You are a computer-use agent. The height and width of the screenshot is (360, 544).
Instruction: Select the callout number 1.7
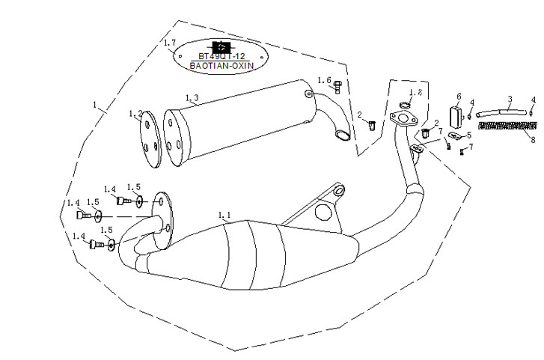coord(170,43)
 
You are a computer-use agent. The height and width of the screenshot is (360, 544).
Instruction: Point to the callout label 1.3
coord(191,98)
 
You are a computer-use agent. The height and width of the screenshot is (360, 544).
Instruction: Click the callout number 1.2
coord(135,114)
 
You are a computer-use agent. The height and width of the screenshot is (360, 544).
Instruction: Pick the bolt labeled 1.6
coord(337,86)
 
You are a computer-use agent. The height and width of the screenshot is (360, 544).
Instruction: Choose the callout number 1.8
coord(416,92)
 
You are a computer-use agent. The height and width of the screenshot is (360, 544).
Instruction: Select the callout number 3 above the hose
coord(510,99)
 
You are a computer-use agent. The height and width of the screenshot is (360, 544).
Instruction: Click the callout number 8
coord(533,140)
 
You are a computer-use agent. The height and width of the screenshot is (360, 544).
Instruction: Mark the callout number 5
coord(468,135)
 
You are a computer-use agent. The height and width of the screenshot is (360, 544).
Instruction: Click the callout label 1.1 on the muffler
coord(224,216)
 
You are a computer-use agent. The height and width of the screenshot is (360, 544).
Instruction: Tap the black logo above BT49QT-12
coord(219,46)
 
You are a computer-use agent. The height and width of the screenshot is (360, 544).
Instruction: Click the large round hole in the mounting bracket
coord(324,213)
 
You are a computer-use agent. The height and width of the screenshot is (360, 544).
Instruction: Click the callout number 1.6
coord(323,80)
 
